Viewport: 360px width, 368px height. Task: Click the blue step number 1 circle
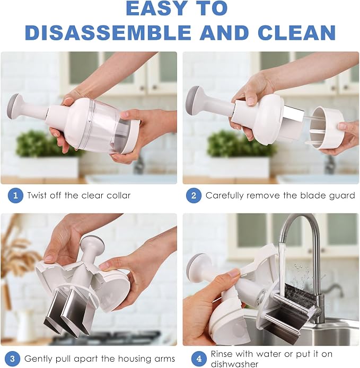click(15, 195)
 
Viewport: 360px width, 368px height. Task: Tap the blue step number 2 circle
click(194, 195)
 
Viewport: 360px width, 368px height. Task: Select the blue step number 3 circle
click(12, 359)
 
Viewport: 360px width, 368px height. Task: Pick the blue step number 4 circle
click(199, 359)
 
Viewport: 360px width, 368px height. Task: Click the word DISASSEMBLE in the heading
click(109, 32)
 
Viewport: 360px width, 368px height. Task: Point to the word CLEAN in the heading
click(297, 32)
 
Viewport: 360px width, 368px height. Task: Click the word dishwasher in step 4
click(234, 364)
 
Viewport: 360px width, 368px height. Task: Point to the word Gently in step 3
click(39, 359)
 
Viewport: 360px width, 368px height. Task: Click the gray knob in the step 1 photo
click(13, 104)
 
